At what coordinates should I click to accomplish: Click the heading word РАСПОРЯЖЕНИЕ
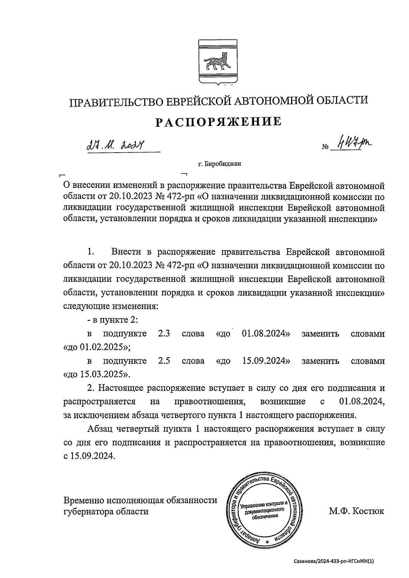click(x=218, y=122)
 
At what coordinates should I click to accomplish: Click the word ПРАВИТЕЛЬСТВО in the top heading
click(x=116, y=101)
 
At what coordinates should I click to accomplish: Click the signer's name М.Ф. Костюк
click(x=356, y=511)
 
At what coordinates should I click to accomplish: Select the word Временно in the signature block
click(x=84, y=500)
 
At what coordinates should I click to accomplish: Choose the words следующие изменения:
click(x=111, y=306)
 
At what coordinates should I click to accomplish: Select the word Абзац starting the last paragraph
click(x=100, y=429)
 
